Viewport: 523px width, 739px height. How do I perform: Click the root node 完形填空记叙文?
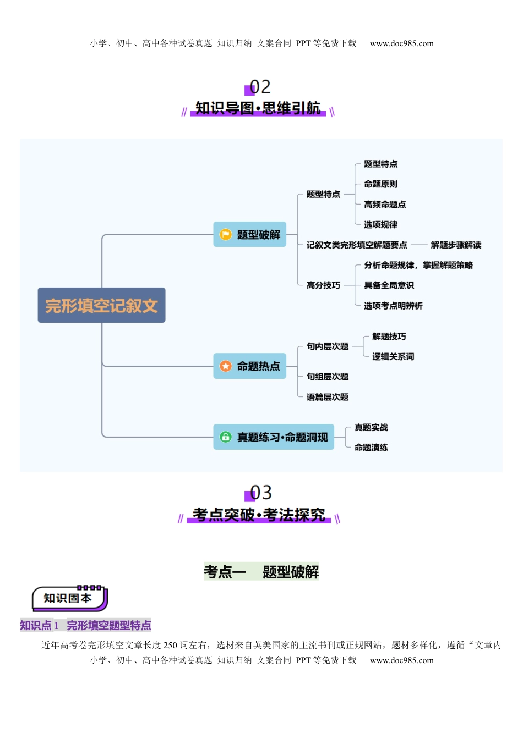101,305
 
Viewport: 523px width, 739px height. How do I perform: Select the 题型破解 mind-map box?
250,235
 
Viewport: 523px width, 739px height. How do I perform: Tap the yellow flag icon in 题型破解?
226,235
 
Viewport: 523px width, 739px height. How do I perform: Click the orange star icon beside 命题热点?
226,366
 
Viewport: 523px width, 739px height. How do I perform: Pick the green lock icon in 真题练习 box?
226,437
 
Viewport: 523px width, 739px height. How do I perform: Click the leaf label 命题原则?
380,184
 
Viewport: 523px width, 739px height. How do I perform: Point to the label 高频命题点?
385,205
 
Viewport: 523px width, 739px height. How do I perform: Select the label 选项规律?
380,224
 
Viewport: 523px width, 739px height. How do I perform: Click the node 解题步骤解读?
456,245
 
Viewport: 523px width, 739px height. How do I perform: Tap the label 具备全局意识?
389,285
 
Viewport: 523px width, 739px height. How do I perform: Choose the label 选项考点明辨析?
393,306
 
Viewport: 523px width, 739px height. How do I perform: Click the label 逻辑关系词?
393,356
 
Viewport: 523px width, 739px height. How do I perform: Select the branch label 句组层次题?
328,377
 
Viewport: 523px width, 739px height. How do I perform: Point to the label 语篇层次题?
328,397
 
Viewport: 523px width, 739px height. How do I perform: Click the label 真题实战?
371,427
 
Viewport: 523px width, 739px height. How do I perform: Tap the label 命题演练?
371,448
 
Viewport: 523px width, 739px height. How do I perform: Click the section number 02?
260,87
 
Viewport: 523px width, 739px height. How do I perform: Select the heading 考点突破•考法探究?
259,515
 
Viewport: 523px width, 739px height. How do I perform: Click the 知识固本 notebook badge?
68,598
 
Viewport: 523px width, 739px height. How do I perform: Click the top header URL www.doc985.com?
401,43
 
